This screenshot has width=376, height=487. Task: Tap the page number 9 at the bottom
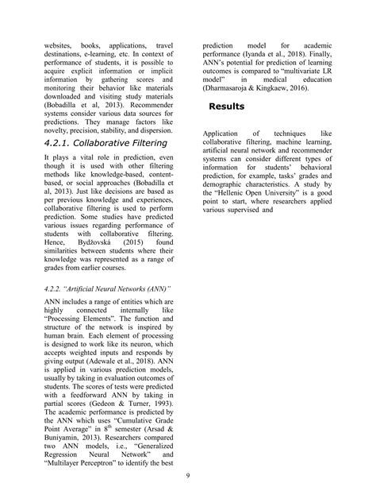(187, 475)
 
